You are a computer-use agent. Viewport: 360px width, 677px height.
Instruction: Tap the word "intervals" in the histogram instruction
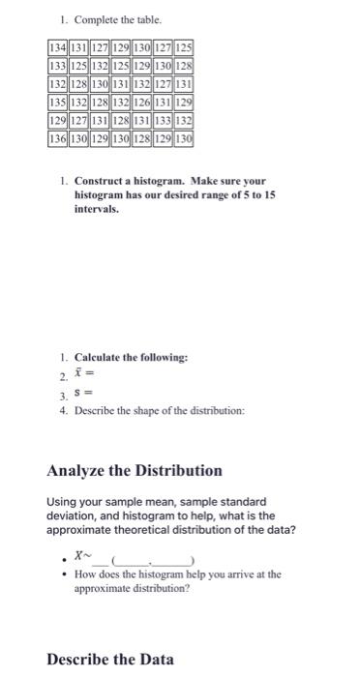[x=96, y=207]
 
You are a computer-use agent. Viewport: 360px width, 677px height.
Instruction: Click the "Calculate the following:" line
[x=132, y=358]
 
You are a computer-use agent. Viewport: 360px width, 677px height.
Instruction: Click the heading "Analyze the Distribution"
[x=135, y=471]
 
